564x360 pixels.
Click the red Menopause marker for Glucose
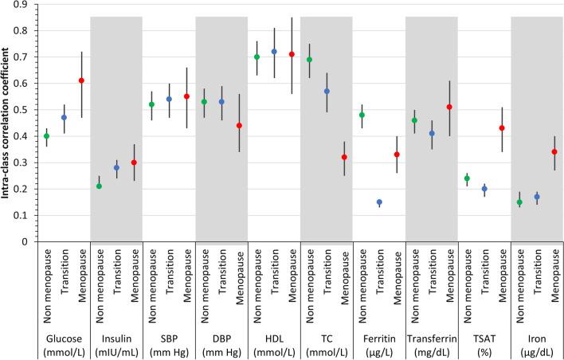pyautogui.click(x=81, y=80)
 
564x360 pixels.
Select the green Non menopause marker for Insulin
pyautogui.click(x=99, y=186)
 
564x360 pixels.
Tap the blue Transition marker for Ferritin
pyautogui.click(x=379, y=202)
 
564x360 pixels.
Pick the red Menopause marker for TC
pyautogui.click(x=344, y=157)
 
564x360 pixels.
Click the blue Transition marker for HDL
pyautogui.click(x=274, y=52)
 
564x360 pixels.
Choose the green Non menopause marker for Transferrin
pyautogui.click(x=414, y=120)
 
